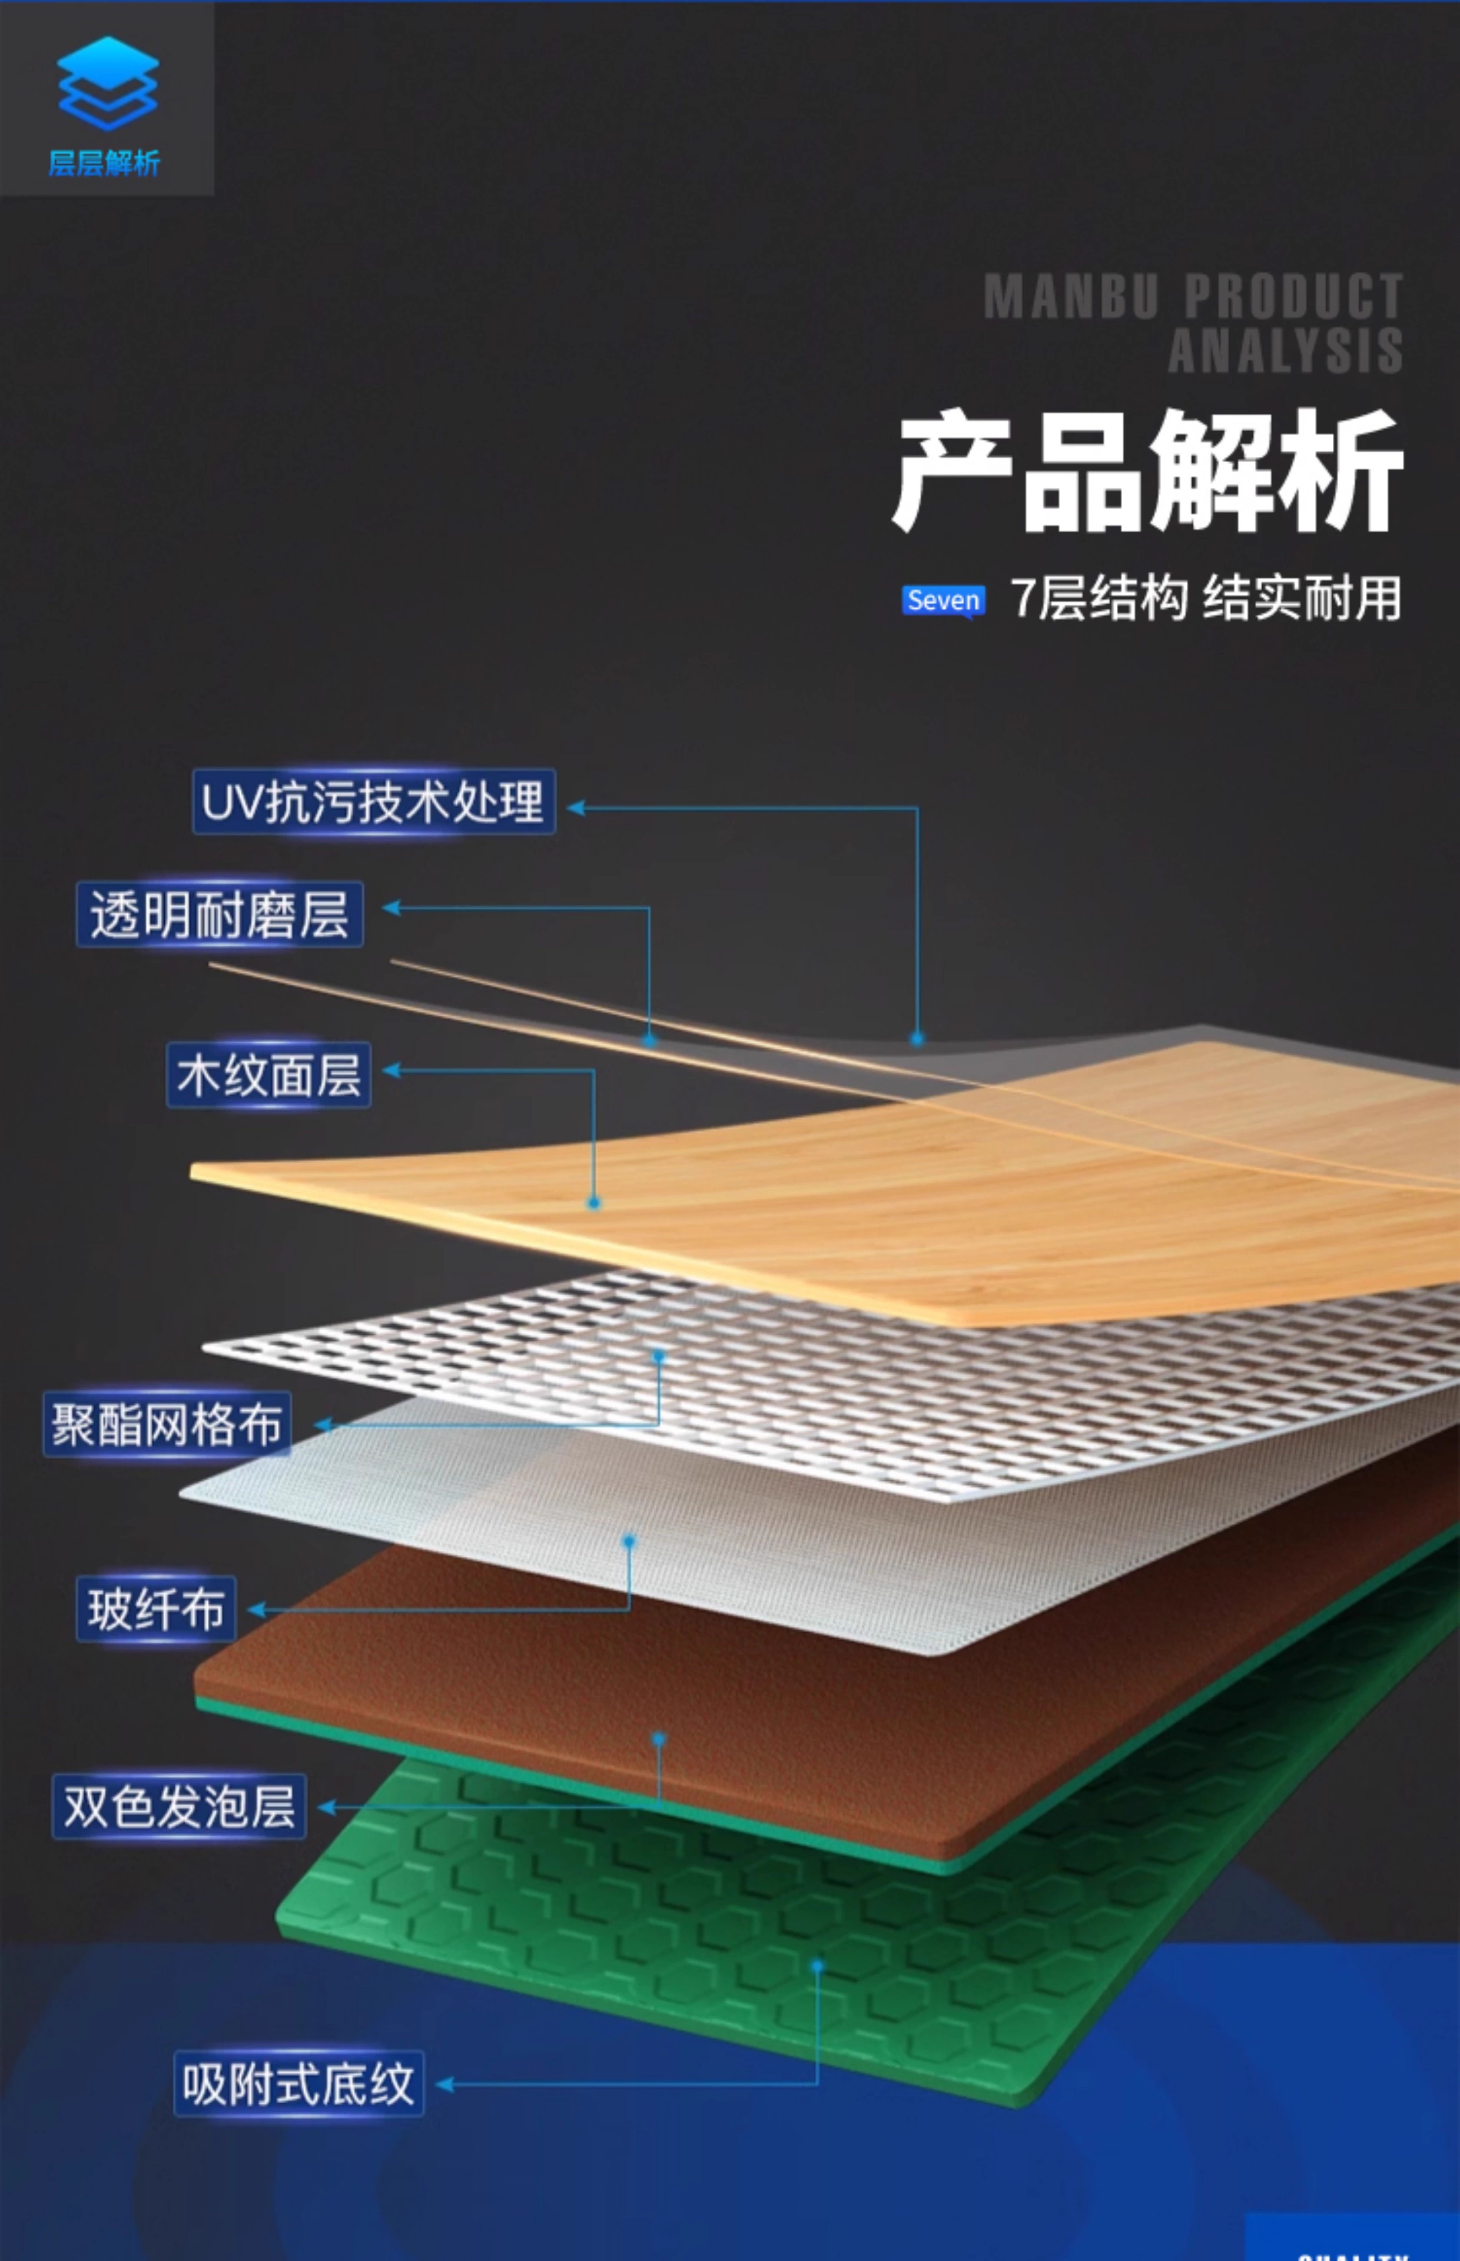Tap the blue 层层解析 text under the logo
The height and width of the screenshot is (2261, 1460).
[104, 163]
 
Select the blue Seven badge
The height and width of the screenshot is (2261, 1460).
[943, 600]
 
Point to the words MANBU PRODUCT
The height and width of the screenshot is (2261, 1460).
[1193, 297]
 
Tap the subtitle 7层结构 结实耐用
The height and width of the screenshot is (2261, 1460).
[1206, 599]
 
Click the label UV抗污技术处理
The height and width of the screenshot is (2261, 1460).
[373, 802]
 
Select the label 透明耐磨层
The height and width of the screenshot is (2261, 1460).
[220, 915]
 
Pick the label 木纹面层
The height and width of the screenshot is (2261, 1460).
[269, 1075]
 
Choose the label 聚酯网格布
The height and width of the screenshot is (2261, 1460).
[167, 1424]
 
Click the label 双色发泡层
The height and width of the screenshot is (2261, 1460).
[179, 1806]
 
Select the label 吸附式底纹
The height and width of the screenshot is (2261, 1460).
[298, 2084]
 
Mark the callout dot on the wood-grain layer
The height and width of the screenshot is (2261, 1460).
[593, 1203]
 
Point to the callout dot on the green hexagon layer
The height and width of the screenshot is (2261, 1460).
[817, 1967]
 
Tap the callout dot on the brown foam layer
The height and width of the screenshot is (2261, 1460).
[658, 1739]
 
